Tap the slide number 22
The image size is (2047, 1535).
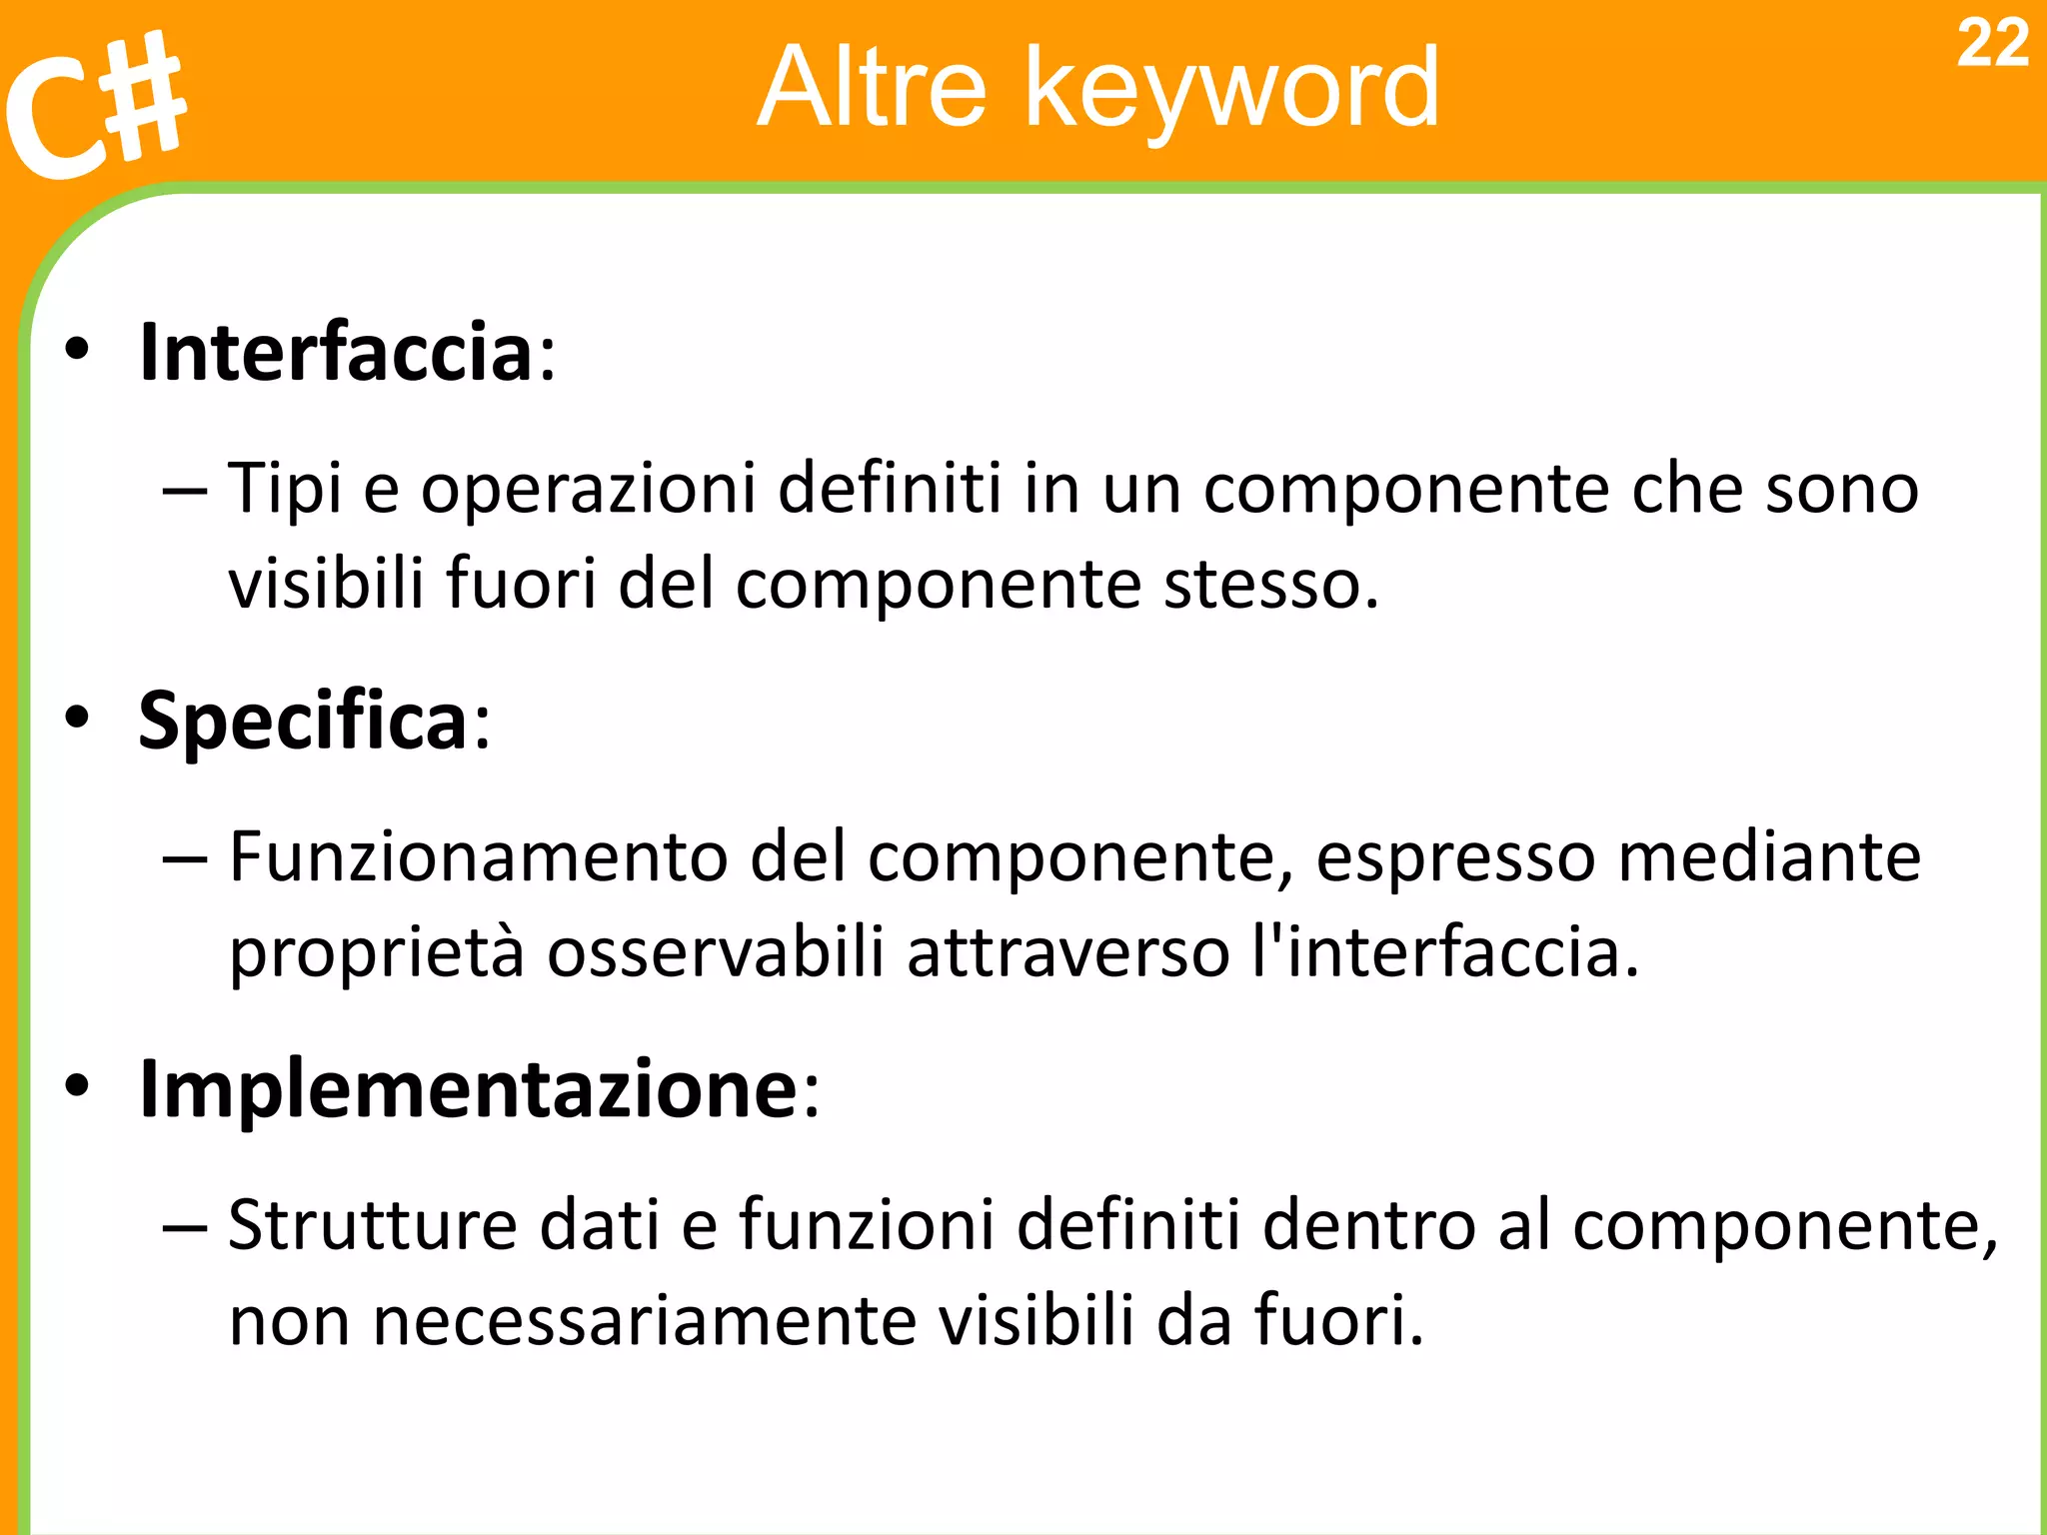click(1992, 45)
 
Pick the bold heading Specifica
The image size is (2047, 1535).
click(303, 721)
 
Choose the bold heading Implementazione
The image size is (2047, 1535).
click(468, 1088)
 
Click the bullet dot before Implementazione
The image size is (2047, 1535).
click(77, 1086)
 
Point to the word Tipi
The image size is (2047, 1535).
click(285, 490)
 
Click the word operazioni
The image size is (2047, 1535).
click(588, 490)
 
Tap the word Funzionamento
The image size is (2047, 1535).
click(478, 857)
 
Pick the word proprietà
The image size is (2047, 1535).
click(376, 953)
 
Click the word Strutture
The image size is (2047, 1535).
click(372, 1225)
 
